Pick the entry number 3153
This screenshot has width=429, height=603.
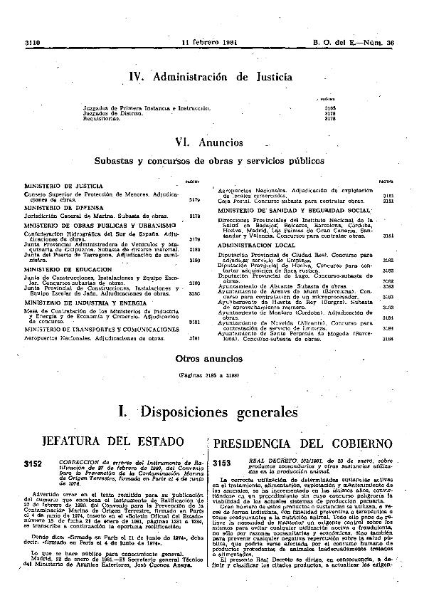click(223, 463)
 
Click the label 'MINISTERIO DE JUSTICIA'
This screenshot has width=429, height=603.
click(57, 186)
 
